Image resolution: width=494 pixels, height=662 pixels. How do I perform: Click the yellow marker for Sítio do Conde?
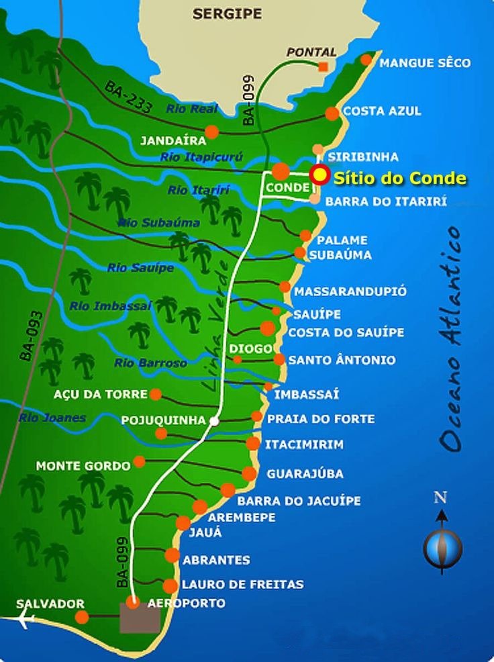(x=320, y=176)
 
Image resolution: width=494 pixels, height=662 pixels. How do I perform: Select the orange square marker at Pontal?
(x=324, y=66)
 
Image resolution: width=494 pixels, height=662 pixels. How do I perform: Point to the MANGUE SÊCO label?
(x=425, y=63)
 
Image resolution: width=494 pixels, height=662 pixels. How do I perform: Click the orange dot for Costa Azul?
(x=332, y=113)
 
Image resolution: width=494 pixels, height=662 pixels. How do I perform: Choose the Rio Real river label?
(x=193, y=108)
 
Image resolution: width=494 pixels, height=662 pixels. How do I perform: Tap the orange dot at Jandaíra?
(x=211, y=132)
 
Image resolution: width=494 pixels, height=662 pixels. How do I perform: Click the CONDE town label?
(x=287, y=189)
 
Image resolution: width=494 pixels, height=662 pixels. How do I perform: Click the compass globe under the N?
(x=442, y=547)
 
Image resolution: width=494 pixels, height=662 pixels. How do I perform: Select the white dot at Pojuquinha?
(x=213, y=421)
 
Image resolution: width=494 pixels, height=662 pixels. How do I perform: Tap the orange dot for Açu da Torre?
(x=156, y=394)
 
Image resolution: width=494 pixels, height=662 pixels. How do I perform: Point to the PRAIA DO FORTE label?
(x=321, y=419)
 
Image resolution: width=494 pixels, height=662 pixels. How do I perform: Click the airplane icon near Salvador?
(x=26, y=620)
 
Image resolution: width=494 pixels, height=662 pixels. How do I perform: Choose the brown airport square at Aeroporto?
(x=140, y=618)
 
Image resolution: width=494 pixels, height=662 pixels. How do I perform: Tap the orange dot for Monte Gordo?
(x=139, y=462)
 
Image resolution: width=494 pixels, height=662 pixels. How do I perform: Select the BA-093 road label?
(x=32, y=336)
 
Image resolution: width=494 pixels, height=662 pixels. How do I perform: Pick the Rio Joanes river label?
(x=52, y=418)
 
